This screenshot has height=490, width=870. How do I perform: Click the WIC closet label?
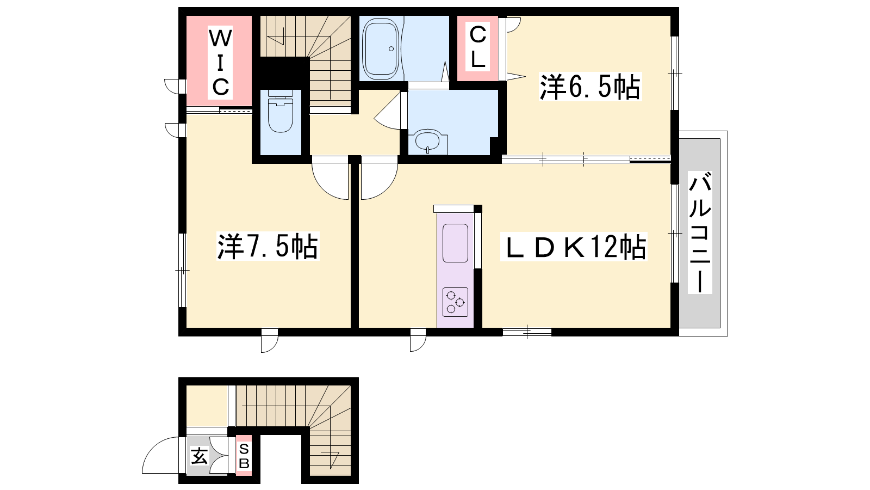tap(220, 63)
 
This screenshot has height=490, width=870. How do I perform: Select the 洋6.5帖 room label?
tap(590, 87)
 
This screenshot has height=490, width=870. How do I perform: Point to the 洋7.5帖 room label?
tap(268, 246)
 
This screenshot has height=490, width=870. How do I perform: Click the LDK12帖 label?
tap(574, 246)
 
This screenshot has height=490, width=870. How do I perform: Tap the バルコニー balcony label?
tap(699, 232)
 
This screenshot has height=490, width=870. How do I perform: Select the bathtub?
tap(381, 48)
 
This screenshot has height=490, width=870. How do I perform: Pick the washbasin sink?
tap(427, 142)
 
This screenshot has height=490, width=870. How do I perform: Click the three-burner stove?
tap(455, 302)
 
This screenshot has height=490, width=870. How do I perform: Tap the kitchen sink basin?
tap(455, 243)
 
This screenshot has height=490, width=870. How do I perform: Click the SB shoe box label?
tap(244, 456)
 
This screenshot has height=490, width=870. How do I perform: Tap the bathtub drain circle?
tap(391, 49)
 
